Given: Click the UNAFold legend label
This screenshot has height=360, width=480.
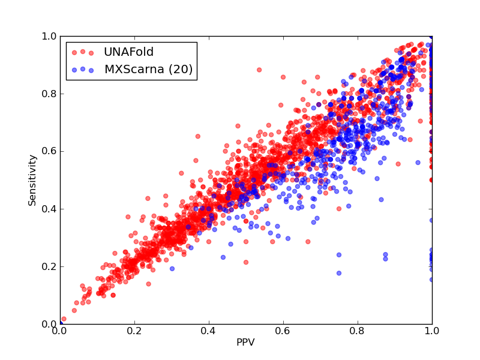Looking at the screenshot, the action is click(128, 52).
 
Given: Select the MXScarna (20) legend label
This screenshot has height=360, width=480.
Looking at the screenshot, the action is click(148, 70).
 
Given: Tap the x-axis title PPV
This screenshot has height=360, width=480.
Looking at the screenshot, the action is click(245, 342).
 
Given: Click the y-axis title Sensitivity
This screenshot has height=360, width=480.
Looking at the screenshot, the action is click(32, 181).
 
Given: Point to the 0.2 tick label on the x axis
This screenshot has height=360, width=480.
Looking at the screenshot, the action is click(134, 331).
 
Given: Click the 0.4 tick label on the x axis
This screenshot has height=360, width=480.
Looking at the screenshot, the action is click(209, 331).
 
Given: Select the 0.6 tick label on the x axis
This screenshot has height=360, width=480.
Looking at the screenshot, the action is click(283, 331).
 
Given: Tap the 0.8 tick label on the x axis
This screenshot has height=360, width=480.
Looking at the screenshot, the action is click(358, 331).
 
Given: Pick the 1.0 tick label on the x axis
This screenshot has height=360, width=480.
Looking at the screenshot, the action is click(432, 331).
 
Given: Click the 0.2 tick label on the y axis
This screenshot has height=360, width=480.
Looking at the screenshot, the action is click(49, 266).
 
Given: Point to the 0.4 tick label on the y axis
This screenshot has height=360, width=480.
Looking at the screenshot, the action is click(49, 209).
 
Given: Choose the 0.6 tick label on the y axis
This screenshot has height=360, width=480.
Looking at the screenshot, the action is click(49, 151).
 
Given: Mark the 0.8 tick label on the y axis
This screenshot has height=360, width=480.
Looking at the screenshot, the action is click(49, 94).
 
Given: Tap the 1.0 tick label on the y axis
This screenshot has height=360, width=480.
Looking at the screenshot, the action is click(49, 36).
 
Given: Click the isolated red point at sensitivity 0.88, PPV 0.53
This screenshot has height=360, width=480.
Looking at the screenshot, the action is click(259, 70).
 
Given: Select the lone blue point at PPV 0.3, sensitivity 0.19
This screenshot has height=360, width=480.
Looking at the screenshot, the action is click(172, 269).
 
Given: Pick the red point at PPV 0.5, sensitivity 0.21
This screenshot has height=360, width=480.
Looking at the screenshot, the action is click(246, 262).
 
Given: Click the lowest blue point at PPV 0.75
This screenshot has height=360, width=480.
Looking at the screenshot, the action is click(339, 273).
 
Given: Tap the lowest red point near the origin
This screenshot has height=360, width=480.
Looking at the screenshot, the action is click(64, 319).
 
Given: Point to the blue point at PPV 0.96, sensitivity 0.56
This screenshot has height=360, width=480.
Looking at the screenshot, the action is click(418, 163).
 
